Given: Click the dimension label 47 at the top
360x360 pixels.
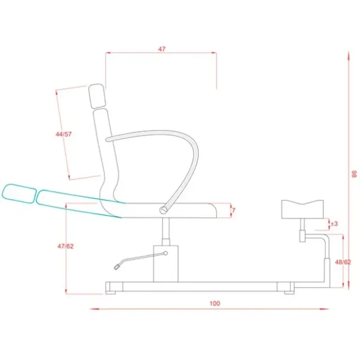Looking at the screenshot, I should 161,49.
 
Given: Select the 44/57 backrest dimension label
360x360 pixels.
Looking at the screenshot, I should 63,134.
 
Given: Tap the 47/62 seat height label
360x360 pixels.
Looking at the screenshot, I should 66,246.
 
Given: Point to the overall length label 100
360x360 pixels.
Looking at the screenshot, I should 214,303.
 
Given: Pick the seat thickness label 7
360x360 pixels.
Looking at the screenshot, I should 234,211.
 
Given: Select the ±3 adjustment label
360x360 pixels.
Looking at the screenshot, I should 335,224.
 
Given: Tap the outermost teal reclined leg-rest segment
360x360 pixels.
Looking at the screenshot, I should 18,191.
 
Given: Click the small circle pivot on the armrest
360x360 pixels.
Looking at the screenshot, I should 164,209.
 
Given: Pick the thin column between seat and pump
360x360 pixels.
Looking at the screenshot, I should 165,232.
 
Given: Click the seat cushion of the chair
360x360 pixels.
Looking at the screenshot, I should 170,211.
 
